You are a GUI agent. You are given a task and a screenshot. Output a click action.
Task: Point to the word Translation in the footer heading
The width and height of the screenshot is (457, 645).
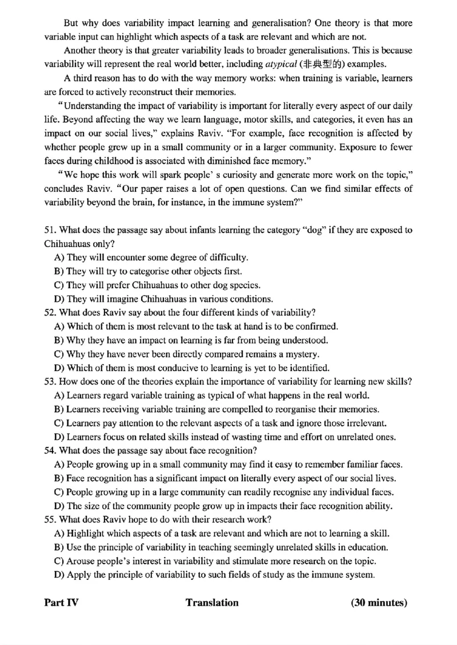212,603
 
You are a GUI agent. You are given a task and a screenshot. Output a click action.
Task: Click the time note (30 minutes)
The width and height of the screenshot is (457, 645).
379,603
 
